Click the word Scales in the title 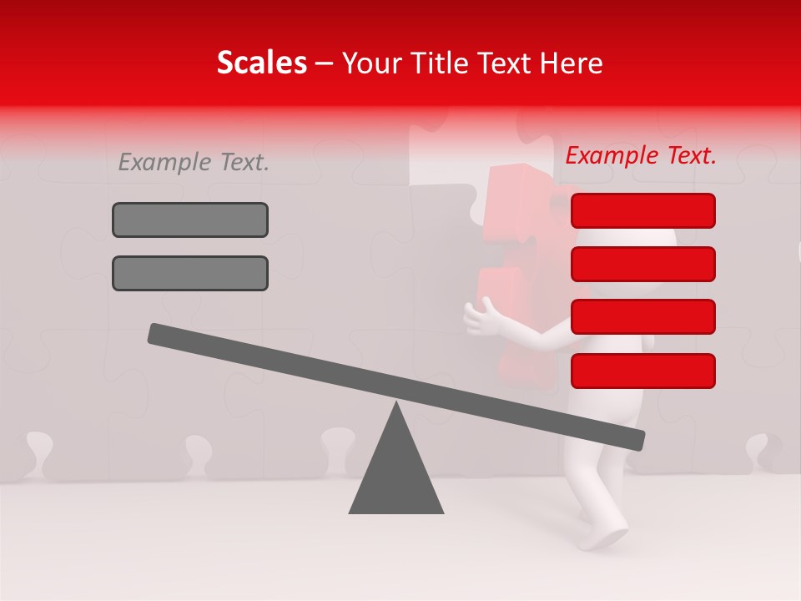coord(261,63)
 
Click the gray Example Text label coord(194,162)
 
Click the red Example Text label coord(641,155)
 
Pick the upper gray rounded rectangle coord(190,220)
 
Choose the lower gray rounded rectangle coord(190,273)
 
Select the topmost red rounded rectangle coord(642,210)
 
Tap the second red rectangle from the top coord(642,264)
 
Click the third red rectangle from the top coord(642,316)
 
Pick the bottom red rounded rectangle coord(642,371)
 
